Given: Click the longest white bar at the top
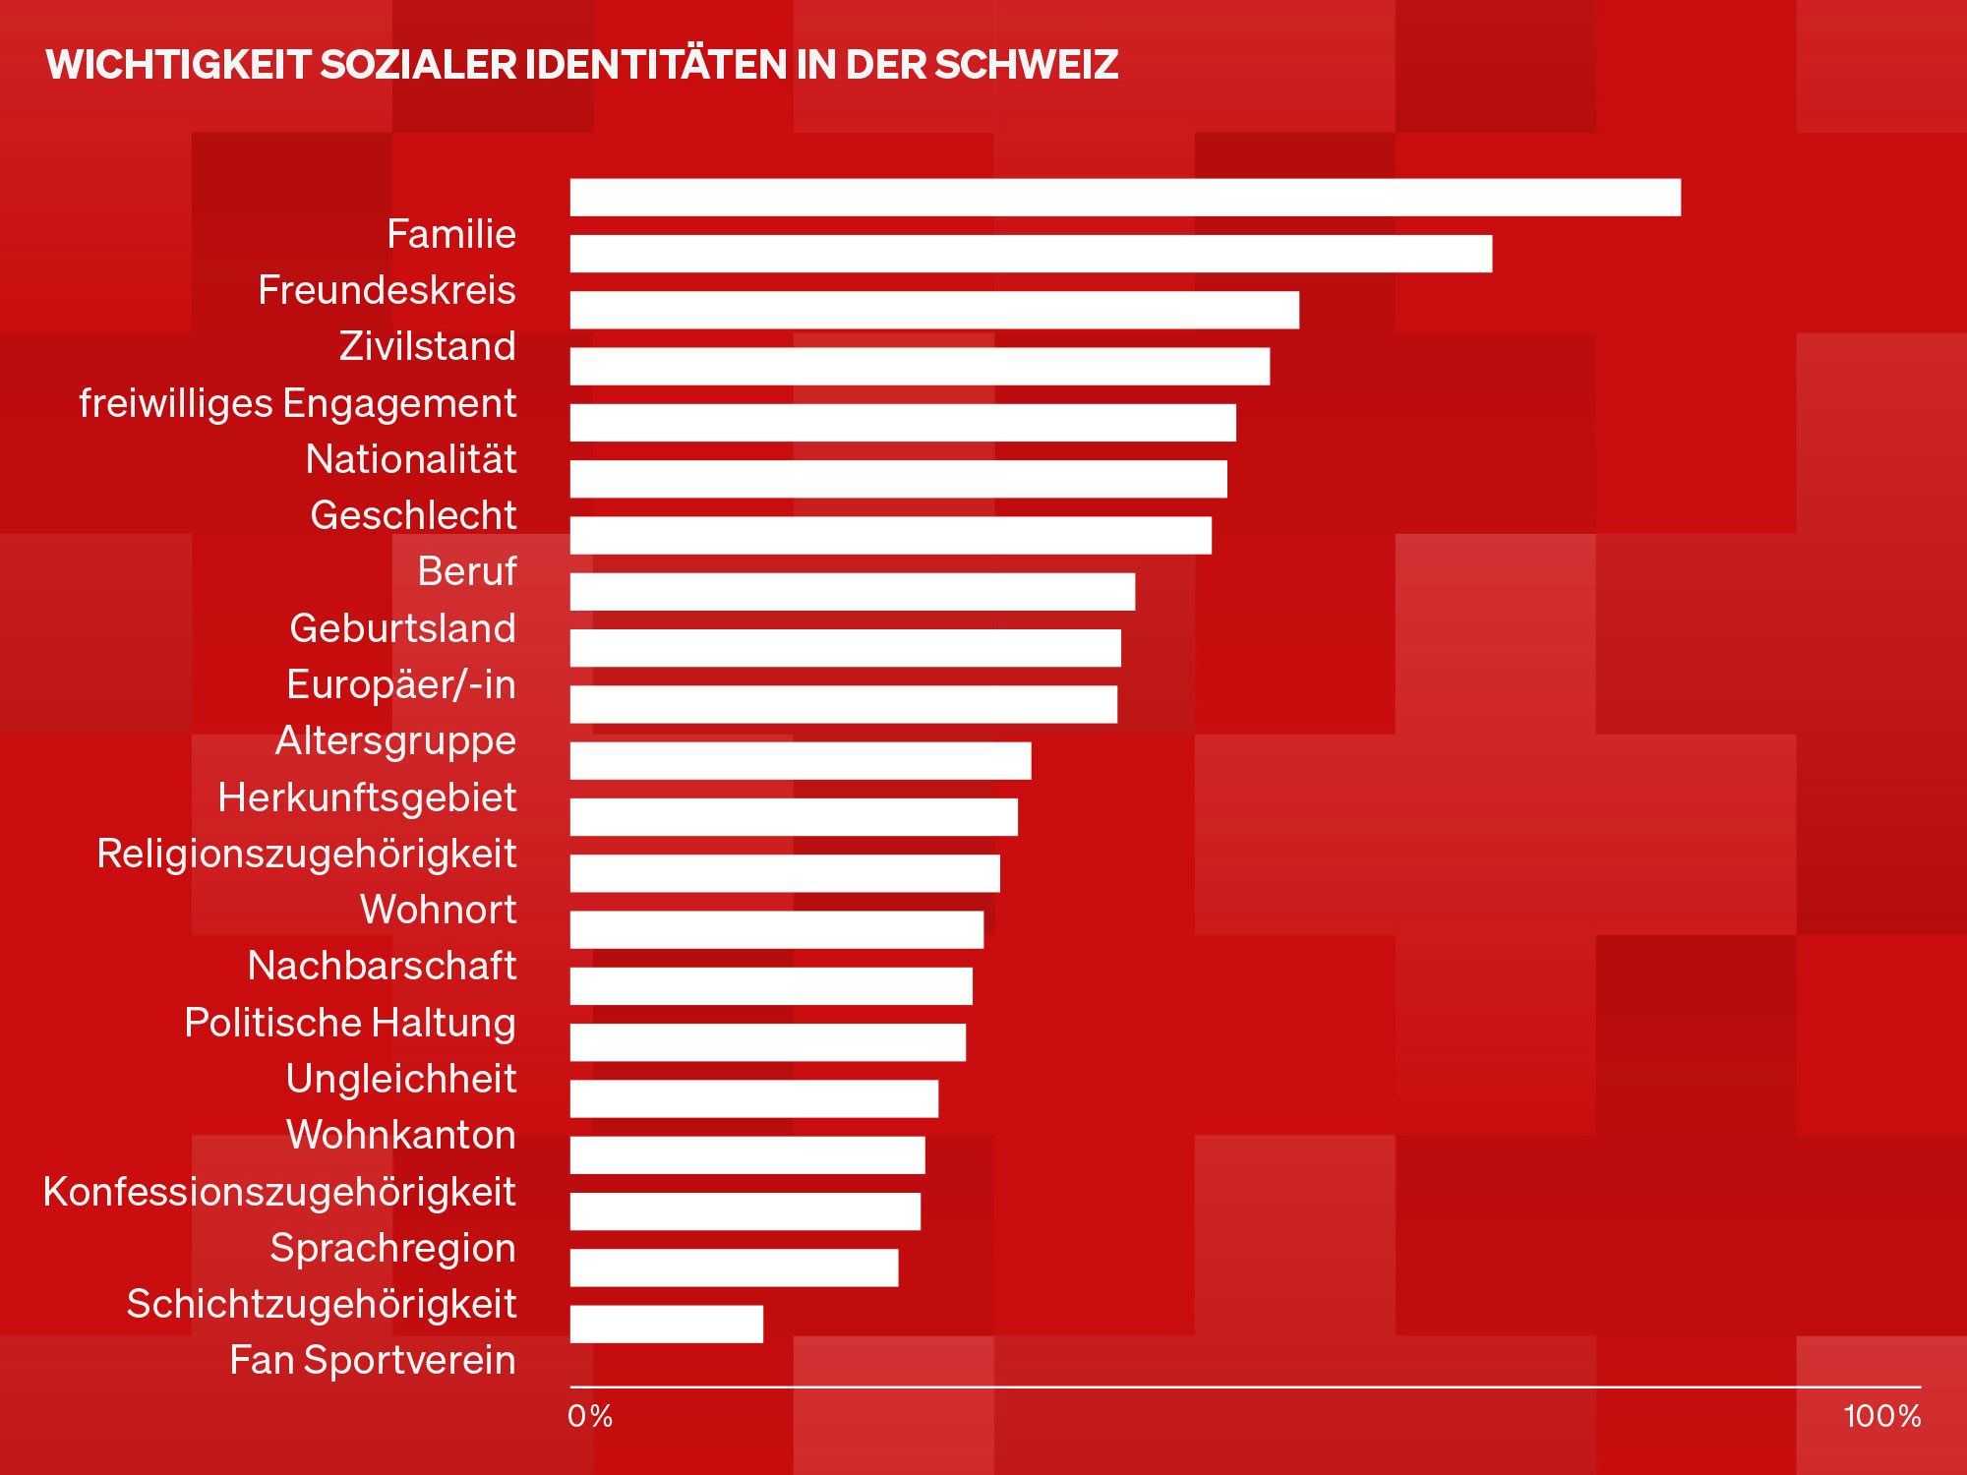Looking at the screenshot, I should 1125,198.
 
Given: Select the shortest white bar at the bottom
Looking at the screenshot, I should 667,1324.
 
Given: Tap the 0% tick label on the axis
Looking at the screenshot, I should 590,1416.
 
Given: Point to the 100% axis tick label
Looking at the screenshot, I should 1881,1416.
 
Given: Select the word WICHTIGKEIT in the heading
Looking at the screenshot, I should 178,65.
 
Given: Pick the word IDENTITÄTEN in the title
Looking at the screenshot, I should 655,65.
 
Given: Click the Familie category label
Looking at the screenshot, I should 451,234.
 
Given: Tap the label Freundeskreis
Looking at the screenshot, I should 387,290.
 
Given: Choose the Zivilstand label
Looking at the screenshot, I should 428,346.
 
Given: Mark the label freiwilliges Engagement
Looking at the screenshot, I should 298,403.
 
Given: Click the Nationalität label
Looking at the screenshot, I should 411,459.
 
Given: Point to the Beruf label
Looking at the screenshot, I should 467,571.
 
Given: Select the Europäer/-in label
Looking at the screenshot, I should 401,684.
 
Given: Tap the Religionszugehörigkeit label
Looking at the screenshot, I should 307,854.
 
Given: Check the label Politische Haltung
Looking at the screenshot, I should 350,1023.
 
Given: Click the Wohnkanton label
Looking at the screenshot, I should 401,1135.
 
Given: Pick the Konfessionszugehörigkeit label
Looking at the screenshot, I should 279,1192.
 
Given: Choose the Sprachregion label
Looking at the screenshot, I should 392,1248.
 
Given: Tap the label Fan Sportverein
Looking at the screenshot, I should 373,1361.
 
